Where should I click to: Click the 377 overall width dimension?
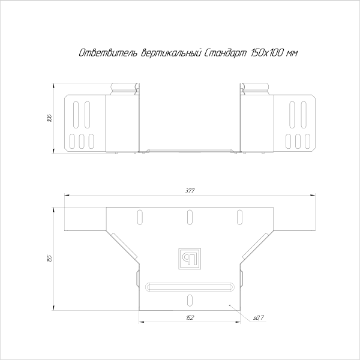pyautogui.click(x=190, y=191)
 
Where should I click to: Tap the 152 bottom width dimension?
pyautogui.click(x=190, y=317)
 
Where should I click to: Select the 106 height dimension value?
pyautogui.click(x=49, y=118)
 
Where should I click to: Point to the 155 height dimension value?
pyautogui.click(x=49, y=258)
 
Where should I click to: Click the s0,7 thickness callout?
pyautogui.click(x=259, y=318)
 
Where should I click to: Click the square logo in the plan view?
pyautogui.click(x=190, y=259)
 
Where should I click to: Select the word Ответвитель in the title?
pyautogui.click(x=108, y=53)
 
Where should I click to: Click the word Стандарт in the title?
pyautogui.click(x=225, y=53)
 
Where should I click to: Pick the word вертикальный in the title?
pyautogui.click(x=171, y=53)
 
